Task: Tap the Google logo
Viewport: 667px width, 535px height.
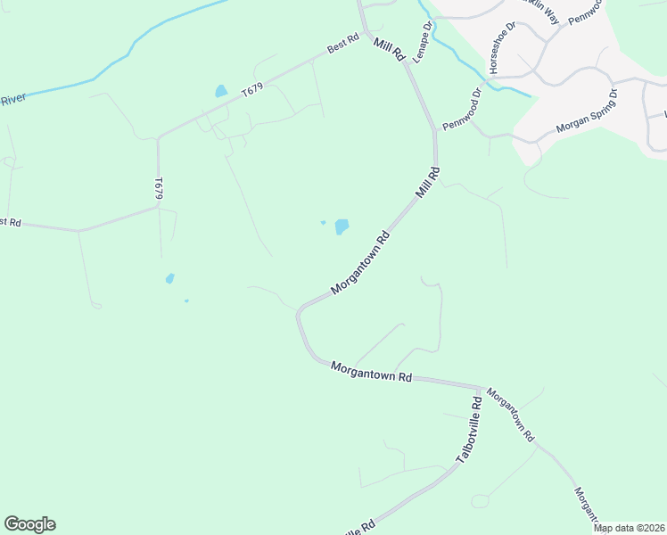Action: click(29, 524)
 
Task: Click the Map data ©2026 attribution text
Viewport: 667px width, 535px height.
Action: click(630, 528)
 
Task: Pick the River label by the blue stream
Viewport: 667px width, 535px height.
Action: click(12, 100)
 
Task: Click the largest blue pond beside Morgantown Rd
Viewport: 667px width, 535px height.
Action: click(342, 227)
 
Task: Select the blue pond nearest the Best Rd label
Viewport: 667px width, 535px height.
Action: click(221, 91)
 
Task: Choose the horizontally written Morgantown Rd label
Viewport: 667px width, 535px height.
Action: click(371, 372)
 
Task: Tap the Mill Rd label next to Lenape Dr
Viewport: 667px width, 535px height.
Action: click(390, 49)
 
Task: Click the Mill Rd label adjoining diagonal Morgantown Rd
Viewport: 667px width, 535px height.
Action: click(427, 182)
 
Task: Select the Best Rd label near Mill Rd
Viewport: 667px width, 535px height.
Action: click(342, 44)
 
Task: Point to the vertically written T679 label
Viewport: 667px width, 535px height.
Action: click(159, 187)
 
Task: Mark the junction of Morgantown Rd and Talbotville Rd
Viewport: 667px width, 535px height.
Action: click(482, 389)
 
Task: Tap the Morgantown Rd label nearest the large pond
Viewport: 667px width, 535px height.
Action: click(361, 264)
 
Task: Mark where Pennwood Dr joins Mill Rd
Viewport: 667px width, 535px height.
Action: click(436, 132)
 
